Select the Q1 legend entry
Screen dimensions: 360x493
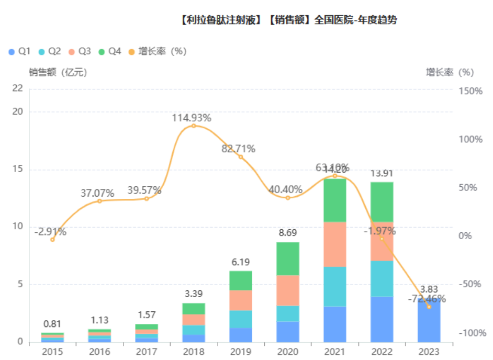coord(19,51)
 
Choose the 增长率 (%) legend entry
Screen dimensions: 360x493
coord(162,51)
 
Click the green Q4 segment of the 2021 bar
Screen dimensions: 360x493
coord(335,200)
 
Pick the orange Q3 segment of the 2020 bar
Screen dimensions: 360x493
coord(288,290)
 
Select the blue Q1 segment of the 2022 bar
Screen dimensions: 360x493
coord(382,319)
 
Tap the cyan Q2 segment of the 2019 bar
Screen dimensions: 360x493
coord(241,319)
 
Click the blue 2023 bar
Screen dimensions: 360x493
coord(429,324)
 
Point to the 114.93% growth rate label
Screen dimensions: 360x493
coord(192,118)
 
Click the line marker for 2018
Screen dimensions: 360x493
coord(194,126)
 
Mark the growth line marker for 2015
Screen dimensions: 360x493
coord(52,240)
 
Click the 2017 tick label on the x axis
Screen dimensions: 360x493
coord(147,352)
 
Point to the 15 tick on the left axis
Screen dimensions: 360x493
coord(19,170)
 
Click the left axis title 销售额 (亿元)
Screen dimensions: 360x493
coord(58,73)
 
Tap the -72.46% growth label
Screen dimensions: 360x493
coord(427,299)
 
